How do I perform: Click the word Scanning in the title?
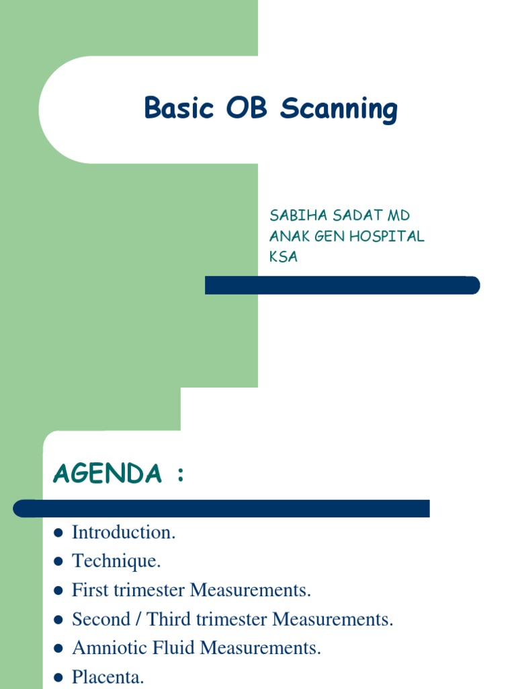(x=339, y=110)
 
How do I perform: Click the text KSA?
(x=284, y=257)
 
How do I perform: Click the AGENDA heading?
(x=107, y=474)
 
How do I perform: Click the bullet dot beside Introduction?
(x=58, y=533)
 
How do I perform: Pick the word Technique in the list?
(x=116, y=562)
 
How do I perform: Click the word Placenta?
(x=107, y=678)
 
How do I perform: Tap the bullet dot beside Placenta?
(x=58, y=678)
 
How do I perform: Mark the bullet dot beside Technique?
(x=58, y=562)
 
